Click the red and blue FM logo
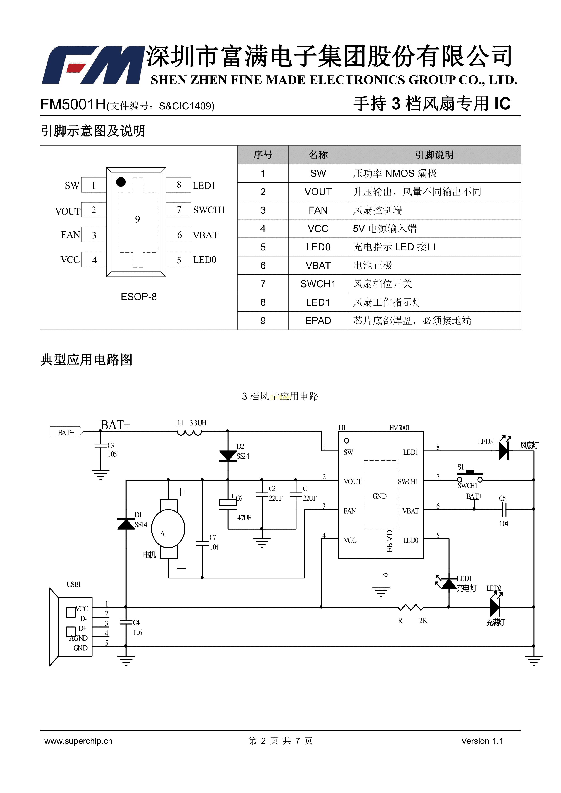coord(92,65)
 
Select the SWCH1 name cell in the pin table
coord(318,284)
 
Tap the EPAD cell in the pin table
coord(318,321)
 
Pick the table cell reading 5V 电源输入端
coord(384,229)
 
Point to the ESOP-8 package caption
coord(139,297)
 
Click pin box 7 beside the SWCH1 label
coord(179,210)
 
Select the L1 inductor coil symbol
coord(189,433)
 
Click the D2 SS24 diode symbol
coord(228,456)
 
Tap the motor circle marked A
coord(168,529)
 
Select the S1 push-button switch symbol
coord(470,476)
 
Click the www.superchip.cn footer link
coord(78,741)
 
